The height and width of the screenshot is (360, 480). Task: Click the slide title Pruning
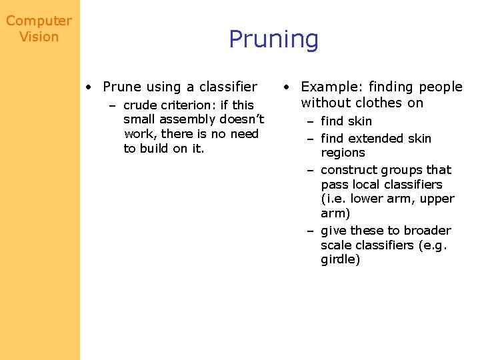point(273,39)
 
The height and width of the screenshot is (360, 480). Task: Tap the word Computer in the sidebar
point(39,21)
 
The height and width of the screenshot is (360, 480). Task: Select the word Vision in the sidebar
point(39,37)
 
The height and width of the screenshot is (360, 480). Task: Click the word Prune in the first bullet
point(122,87)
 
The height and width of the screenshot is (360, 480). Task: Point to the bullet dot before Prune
point(89,87)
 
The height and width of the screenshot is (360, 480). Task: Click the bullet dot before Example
point(286,87)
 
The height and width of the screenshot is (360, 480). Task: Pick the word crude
point(141,105)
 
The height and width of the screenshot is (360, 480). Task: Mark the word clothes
point(379,103)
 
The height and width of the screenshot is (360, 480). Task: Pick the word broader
point(428,231)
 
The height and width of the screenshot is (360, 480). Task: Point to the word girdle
point(340,259)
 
